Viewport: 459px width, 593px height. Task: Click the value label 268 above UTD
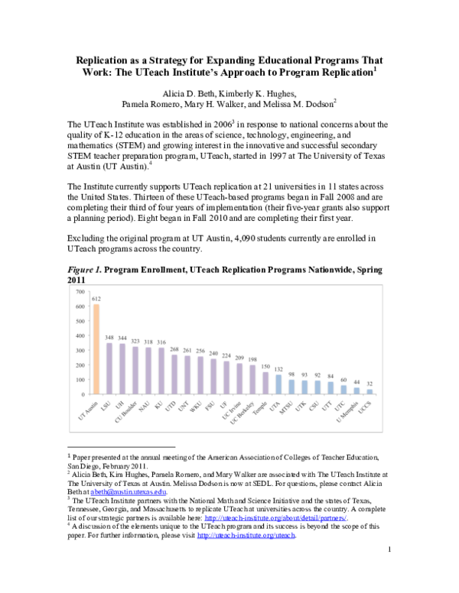click(174, 348)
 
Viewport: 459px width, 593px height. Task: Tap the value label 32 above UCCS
click(370, 384)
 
